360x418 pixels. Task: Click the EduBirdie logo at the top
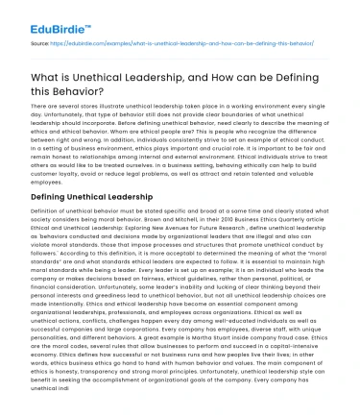36,15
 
